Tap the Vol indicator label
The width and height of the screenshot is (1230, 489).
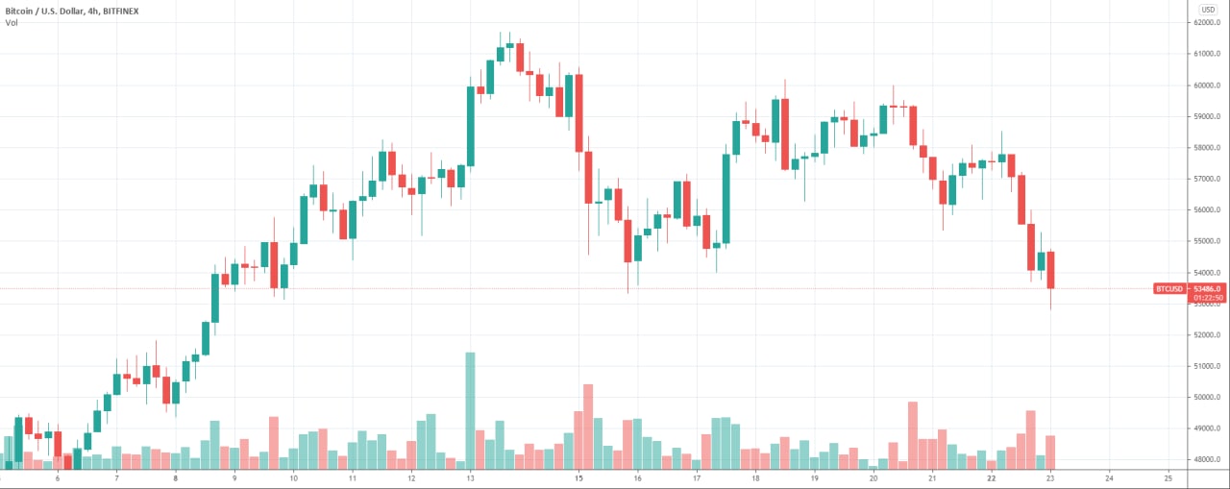coord(12,22)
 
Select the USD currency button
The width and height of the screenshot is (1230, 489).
coord(1208,9)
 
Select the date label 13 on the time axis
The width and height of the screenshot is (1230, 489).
coord(470,477)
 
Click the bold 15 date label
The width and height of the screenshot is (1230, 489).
coord(578,477)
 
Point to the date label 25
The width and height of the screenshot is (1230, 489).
coord(1168,477)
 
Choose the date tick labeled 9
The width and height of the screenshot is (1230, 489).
coord(234,477)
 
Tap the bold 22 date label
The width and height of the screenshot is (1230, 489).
coord(991,477)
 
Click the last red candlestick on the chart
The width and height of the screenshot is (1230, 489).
coord(1051,270)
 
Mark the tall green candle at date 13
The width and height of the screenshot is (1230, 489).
coord(470,126)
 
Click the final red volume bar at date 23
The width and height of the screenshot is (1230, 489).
coord(1051,452)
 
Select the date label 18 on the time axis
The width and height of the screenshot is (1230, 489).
coord(755,477)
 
